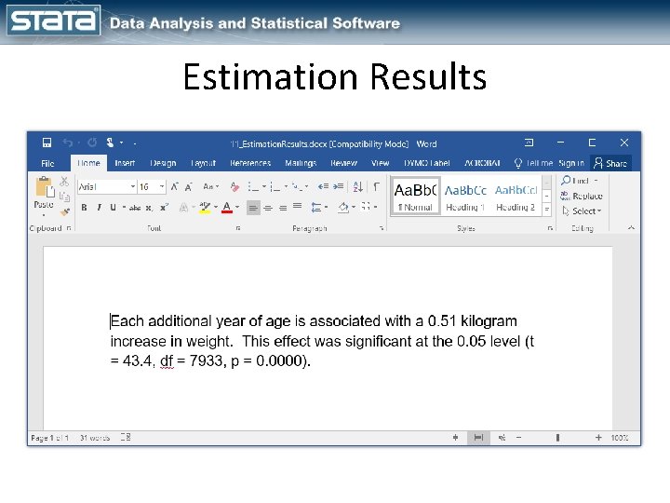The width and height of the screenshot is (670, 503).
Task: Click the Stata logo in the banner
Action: click(53, 20)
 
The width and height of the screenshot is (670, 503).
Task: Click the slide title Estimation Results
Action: click(335, 76)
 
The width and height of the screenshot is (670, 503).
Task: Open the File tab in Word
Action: click(47, 163)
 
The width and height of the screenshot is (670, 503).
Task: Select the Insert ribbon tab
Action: click(125, 163)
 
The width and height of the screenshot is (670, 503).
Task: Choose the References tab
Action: click(250, 163)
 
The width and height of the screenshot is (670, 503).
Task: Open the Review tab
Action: click(343, 163)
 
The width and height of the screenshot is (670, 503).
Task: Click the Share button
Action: click(611, 163)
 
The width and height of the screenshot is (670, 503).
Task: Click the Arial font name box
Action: click(102, 186)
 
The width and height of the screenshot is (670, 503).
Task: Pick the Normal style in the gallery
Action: click(414, 196)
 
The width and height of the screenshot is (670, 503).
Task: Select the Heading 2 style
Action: click(516, 196)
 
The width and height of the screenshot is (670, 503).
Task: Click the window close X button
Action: click(623, 143)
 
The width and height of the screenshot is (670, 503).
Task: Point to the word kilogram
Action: click(489, 321)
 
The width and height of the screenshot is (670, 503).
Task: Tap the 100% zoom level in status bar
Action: click(620, 438)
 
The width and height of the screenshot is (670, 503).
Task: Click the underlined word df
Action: click(167, 360)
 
